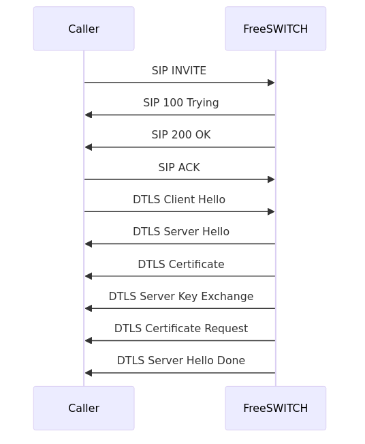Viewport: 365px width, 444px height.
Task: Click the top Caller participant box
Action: (84, 29)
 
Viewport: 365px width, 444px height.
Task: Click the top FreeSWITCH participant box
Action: (275, 29)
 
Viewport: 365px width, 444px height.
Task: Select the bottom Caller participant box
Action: (84, 408)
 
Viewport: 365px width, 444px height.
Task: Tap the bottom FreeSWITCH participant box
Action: (275, 408)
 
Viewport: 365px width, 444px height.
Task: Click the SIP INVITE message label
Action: (179, 71)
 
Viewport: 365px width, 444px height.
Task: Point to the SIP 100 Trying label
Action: (181, 103)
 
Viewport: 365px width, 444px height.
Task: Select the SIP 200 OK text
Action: (181, 135)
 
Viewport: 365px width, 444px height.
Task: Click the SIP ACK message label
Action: (179, 168)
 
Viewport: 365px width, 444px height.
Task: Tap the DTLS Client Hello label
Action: (179, 200)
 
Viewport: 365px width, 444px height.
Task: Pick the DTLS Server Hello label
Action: (181, 232)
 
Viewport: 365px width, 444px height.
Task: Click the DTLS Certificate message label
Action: (181, 265)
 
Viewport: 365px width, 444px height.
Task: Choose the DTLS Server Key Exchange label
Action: (181, 297)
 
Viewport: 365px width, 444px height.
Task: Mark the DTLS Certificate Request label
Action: (181, 329)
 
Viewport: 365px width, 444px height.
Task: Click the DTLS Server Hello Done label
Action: (181, 361)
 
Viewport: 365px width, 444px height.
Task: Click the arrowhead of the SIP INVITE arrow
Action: (271, 83)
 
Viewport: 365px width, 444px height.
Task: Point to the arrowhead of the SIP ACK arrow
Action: (271, 179)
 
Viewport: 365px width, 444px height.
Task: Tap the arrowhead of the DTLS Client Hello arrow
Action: (271, 211)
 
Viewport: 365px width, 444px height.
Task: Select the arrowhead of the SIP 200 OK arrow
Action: (89, 147)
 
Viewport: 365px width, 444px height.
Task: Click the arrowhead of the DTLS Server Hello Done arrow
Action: (89, 373)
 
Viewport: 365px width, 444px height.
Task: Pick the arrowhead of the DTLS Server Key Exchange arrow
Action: (89, 308)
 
